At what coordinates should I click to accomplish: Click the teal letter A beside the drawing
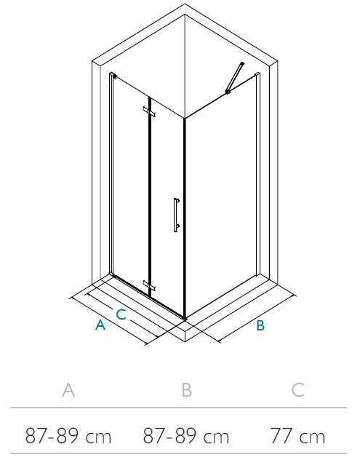point(100,325)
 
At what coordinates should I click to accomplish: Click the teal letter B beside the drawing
point(260,325)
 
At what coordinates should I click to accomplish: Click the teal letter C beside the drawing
point(121,314)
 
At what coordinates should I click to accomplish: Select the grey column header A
point(68,390)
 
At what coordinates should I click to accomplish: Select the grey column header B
point(186,390)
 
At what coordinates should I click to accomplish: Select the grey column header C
point(297,390)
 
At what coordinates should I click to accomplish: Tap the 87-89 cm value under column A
point(68,436)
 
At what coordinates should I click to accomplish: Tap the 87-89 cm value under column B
point(186,436)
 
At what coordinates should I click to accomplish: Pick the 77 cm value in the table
point(297,436)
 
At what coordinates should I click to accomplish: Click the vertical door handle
point(175,215)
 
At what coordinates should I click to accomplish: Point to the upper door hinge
point(149,111)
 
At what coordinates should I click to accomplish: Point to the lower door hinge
point(149,285)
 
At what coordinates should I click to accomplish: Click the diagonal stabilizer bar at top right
point(235,77)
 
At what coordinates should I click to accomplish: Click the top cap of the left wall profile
point(113,75)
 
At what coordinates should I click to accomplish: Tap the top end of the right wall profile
point(257,74)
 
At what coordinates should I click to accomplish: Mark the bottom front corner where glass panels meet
point(185,318)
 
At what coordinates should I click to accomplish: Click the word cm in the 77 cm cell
point(312,437)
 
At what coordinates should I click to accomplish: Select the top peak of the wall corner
point(185,4)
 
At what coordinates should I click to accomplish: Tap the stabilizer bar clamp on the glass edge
point(228,91)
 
